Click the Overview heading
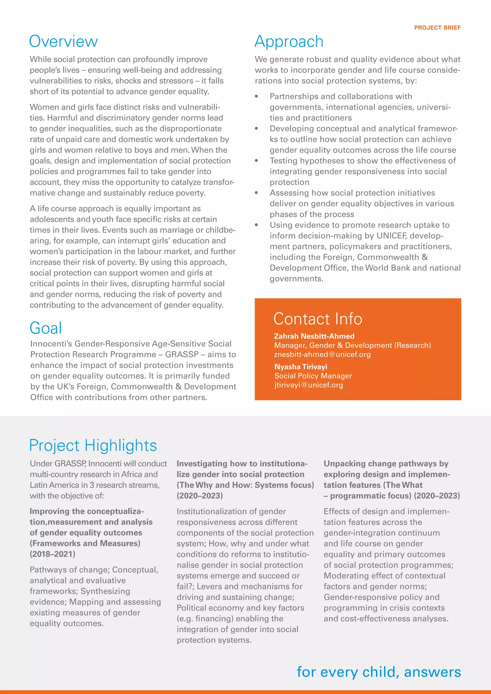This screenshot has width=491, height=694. (64, 41)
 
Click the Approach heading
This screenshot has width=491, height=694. (289, 41)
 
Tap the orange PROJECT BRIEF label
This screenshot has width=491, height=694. (437, 28)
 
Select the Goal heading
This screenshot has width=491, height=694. (46, 328)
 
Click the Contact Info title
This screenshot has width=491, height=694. (317, 319)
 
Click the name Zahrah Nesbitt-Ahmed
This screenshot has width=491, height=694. (314, 336)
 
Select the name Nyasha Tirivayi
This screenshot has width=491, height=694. (301, 367)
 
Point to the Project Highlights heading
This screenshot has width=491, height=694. (93, 445)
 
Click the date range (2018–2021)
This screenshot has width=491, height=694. (53, 554)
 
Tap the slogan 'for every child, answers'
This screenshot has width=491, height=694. (379, 672)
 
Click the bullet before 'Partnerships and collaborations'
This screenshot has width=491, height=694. (256, 96)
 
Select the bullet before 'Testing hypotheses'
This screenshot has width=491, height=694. (256, 161)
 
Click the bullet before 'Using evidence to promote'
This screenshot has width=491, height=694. (256, 225)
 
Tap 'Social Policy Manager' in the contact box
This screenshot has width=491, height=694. (313, 376)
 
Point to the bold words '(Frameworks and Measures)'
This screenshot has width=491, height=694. (85, 543)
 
